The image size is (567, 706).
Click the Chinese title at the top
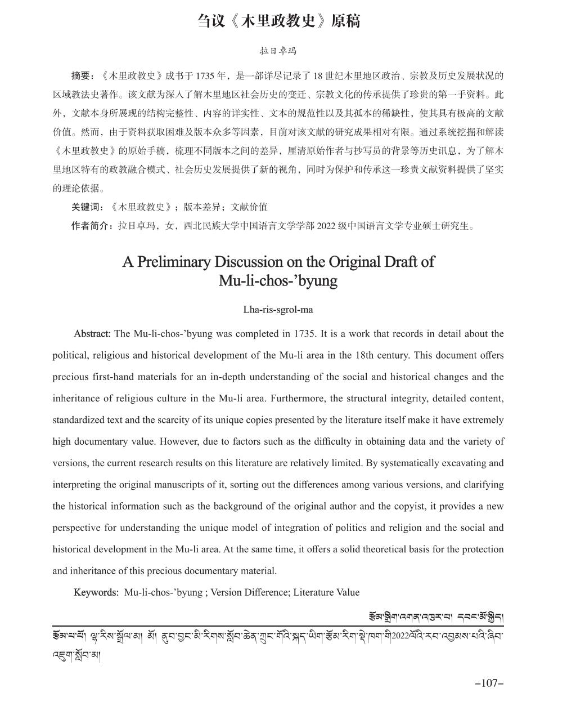(x=278, y=21)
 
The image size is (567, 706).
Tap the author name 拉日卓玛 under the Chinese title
(x=278, y=51)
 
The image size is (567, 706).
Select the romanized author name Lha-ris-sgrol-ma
(x=278, y=310)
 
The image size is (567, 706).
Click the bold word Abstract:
(x=92, y=334)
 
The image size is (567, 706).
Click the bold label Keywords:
(x=96, y=592)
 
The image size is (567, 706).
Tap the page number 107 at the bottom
(x=489, y=683)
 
